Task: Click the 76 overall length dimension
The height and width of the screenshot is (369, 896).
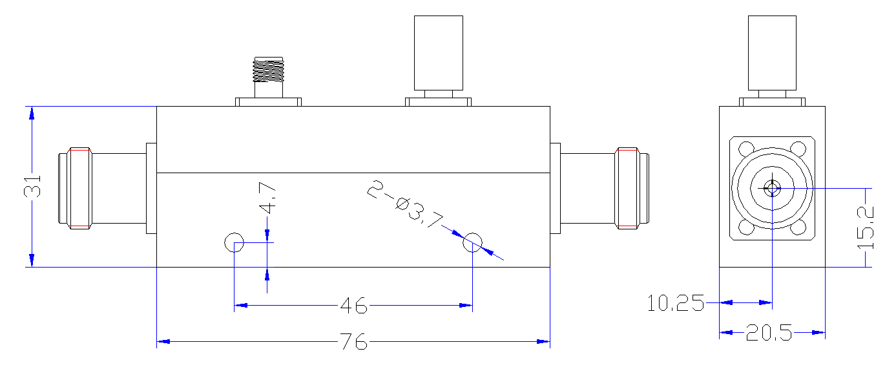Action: pos(353,341)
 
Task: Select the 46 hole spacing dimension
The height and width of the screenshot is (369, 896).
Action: pos(353,306)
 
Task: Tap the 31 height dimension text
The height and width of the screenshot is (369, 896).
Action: pos(32,187)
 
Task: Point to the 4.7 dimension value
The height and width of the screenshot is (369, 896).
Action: pos(267,198)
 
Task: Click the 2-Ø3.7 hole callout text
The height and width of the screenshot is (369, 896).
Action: pos(405,204)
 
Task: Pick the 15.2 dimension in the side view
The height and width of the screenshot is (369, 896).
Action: pos(866,227)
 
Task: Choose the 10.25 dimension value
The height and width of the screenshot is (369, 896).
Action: pos(676,303)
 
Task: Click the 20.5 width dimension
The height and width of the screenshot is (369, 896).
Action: pos(769,333)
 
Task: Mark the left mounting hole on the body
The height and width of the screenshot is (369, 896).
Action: pos(234,242)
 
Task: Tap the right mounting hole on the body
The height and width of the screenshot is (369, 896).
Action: pos(472,242)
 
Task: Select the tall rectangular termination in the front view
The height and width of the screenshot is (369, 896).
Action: pos(439,53)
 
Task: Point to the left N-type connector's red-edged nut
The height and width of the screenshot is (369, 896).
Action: pos(79,188)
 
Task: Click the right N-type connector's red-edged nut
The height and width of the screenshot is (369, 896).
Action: pos(627,188)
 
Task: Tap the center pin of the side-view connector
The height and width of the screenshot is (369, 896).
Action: pos(772,188)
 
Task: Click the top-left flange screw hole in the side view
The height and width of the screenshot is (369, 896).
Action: pos(746,149)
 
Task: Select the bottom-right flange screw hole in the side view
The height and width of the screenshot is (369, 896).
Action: pos(798,227)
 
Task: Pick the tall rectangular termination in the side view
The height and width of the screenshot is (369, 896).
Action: pos(772,53)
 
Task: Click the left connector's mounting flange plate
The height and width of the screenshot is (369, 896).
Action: pos(151,188)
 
